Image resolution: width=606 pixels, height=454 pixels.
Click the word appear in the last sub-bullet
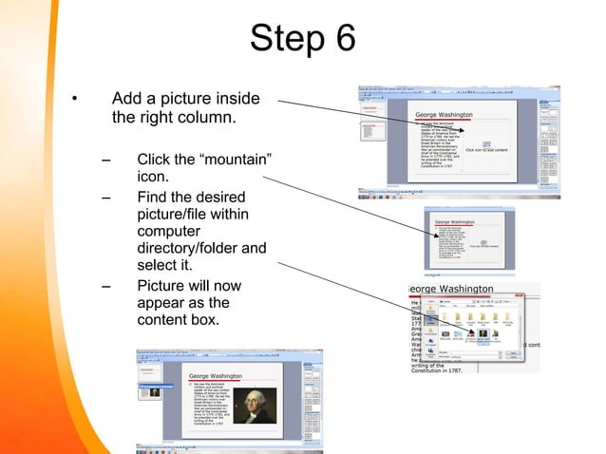click(x=164, y=303)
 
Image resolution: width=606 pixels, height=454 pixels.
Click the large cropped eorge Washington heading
click(x=450, y=288)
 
